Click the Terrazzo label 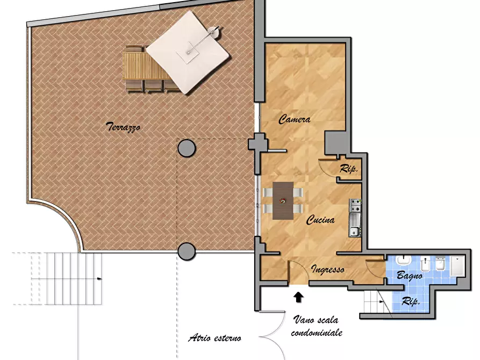click(123, 127)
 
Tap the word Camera click(294, 120)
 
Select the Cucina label click(320, 220)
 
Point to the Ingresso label click(327, 270)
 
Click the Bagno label click(409, 276)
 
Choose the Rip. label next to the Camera click(349, 169)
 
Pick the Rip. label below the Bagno click(411, 303)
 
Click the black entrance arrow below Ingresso click(298, 295)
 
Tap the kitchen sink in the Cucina click(354, 225)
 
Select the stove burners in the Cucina click(355, 204)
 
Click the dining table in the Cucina click(283, 201)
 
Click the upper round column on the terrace click(187, 148)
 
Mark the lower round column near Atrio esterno click(187, 251)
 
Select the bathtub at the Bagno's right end click(457, 267)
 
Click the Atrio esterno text click(214, 339)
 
